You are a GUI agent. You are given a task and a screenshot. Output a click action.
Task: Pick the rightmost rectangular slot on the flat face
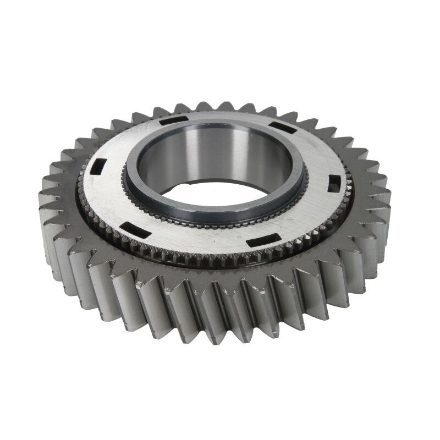click(333, 183)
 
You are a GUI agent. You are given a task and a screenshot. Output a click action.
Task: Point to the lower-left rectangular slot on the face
click(129, 226)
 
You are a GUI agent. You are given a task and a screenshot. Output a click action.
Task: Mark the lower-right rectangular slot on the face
click(258, 242)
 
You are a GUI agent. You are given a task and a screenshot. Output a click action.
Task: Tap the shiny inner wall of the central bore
click(220, 148)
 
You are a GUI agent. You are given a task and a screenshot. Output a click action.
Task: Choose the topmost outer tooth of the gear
click(220, 106)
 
